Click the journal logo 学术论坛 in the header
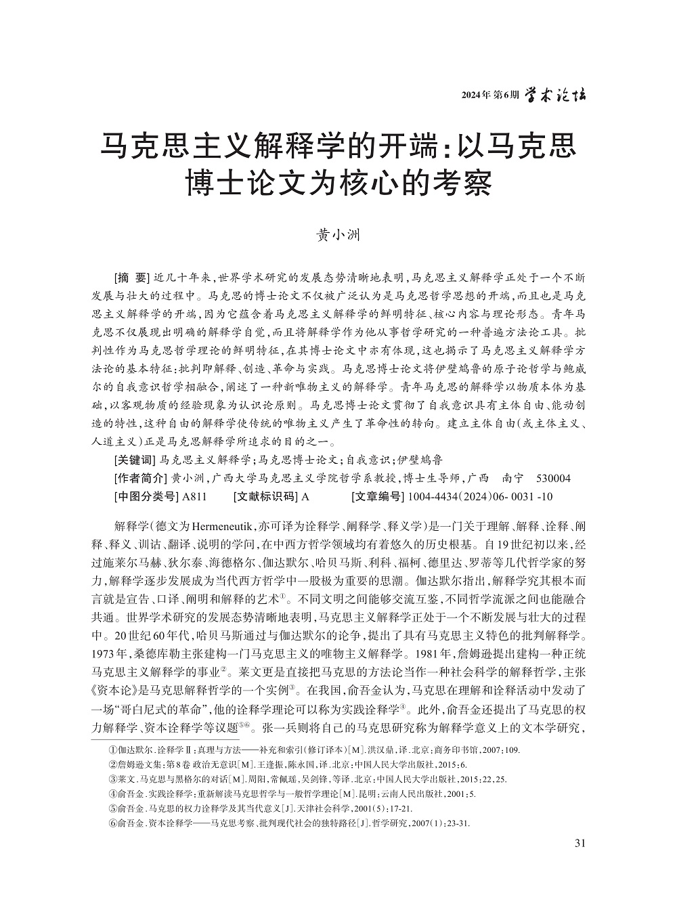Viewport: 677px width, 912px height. coord(556,95)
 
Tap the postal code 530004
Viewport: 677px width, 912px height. coord(554,479)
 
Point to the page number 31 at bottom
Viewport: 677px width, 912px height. coord(580,843)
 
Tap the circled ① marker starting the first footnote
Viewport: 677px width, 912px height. coord(112,751)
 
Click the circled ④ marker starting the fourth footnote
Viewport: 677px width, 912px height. coord(112,794)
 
